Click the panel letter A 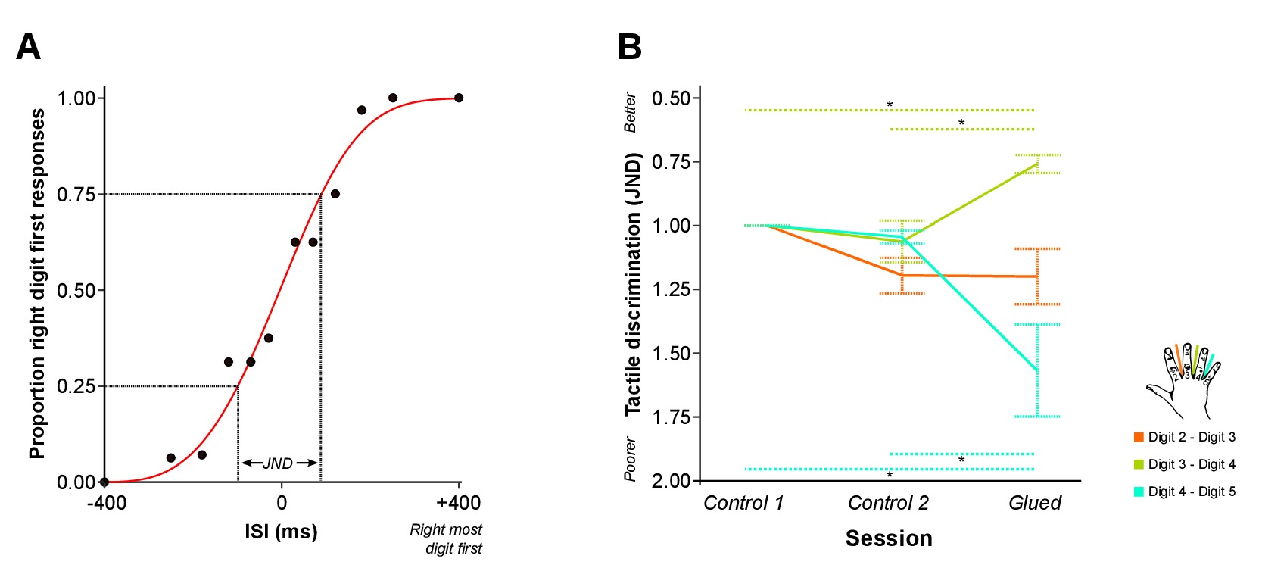pos(28,47)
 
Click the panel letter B pos(630,47)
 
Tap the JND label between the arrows pos(278,463)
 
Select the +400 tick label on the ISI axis pos(458,503)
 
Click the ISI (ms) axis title pos(281,532)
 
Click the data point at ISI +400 pos(459,98)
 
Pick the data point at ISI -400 pos(104,482)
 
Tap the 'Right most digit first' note pos(447,538)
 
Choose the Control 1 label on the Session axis pos(743,503)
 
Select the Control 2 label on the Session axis pos(888,503)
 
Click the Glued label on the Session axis pos(1035,503)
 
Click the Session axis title pos(889,538)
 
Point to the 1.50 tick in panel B pos(671,354)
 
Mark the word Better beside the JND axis pos(631,112)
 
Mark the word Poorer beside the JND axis pos(631,459)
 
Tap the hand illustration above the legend pos(1183,380)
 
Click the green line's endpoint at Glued pos(1036,164)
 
